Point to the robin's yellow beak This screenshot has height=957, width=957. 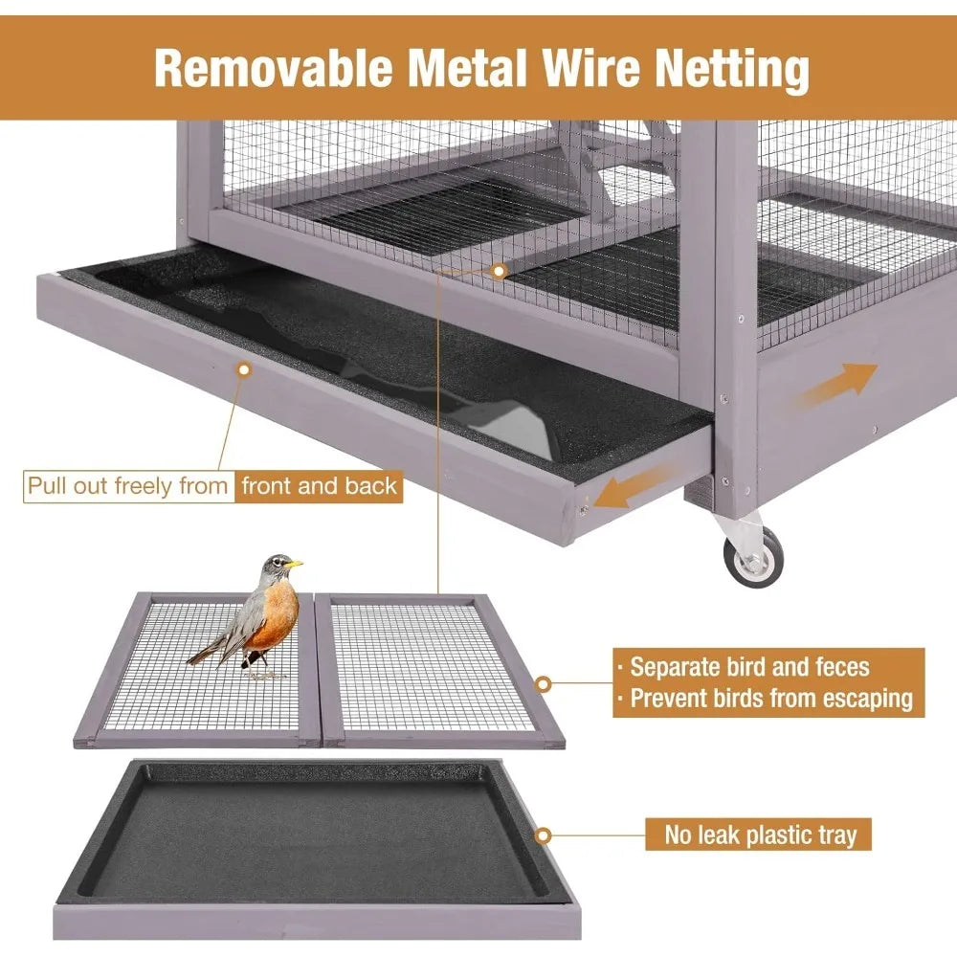[x=296, y=565]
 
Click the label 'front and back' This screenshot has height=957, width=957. [x=319, y=486]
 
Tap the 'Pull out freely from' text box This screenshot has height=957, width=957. [x=128, y=486]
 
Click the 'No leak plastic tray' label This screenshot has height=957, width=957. [x=761, y=835]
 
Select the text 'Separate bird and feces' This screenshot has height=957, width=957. [x=749, y=667]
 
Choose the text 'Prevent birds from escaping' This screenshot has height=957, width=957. [x=770, y=699]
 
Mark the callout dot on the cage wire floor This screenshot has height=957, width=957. [x=499, y=271]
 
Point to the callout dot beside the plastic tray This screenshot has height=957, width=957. [x=544, y=835]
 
